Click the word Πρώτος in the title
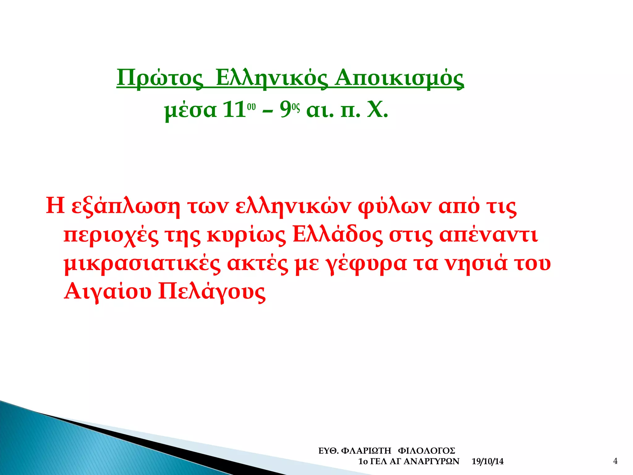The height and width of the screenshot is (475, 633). pos(160,78)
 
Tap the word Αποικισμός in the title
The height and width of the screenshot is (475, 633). pos(399,78)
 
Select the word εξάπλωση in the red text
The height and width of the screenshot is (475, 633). pos(126,206)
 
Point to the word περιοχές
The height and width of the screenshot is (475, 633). pos(111,236)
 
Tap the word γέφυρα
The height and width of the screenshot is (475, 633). pos(366,264)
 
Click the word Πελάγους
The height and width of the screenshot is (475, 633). pos(212,292)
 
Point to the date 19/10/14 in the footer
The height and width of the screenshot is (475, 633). pos(487,462)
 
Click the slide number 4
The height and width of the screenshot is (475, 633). pos(615,461)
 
